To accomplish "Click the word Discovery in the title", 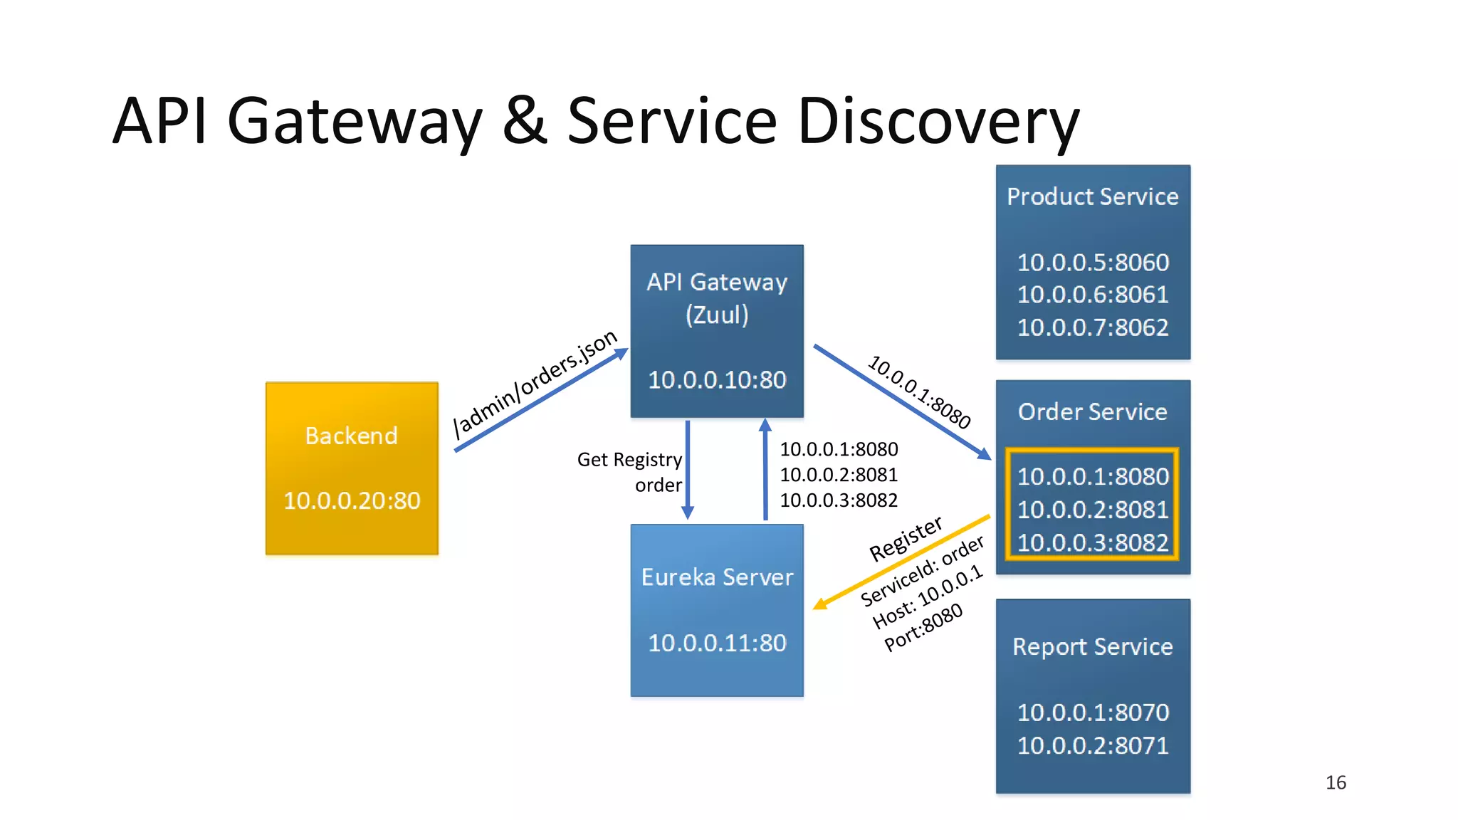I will tap(938, 121).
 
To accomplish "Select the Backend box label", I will tap(351, 436).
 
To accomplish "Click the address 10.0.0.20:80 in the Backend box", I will tap(352, 500).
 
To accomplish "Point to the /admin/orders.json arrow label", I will tap(535, 384).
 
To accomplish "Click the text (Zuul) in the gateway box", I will tap(717, 315).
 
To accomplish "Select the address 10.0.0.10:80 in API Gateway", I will tap(717, 379).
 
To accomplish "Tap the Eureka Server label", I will tap(717, 577).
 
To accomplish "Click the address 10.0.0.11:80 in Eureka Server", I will tap(717, 643).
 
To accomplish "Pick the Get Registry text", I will tap(629, 460).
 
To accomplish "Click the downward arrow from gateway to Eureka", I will tap(688, 470).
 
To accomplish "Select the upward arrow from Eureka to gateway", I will tap(765, 470).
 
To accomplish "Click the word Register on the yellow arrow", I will tap(906, 539).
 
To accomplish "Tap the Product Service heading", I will tap(1092, 196).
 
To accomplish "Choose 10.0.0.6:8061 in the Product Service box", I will tap(1092, 295).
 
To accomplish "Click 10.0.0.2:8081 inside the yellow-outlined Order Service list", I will tap(1092, 510).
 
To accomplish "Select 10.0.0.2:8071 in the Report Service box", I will tap(1092, 745).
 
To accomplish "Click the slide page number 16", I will tap(1336, 782).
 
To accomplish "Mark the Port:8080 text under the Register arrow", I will tap(923, 627).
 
